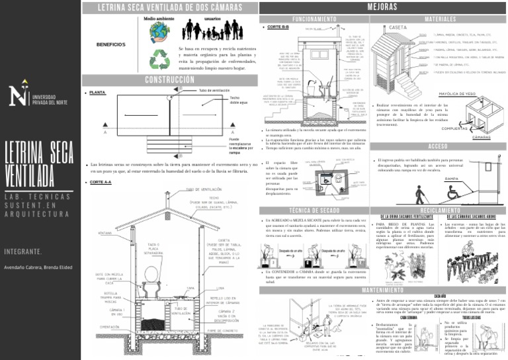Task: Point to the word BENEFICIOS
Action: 110,45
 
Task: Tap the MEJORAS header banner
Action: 381,6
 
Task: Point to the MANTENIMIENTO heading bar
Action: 381,290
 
